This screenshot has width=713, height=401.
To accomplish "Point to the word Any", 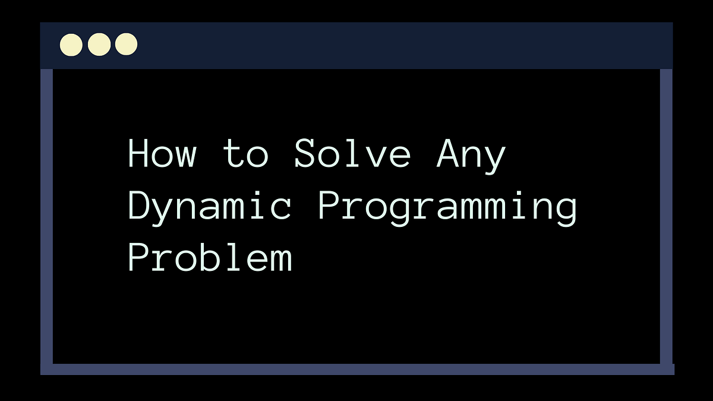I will coord(471,154).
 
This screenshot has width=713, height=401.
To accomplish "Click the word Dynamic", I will coord(210,207).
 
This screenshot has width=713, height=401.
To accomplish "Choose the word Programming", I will coord(447,207).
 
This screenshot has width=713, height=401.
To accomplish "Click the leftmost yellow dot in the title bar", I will coord(71,45).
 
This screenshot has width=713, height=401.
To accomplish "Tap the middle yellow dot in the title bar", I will coord(99,45).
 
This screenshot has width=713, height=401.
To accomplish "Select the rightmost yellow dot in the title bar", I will coord(126,45).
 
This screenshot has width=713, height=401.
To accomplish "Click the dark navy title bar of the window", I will coord(386,45).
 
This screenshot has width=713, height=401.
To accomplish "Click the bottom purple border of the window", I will coord(356,369).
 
